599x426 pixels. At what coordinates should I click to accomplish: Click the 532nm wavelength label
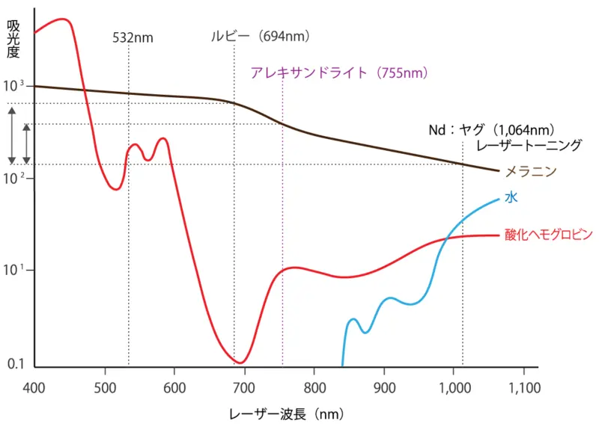click(x=133, y=37)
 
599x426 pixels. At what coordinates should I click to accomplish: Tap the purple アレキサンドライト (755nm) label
click(x=341, y=72)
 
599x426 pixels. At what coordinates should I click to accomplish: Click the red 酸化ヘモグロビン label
click(x=549, y=235)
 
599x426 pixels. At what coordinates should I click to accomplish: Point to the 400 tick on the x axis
click(x=35, y=387)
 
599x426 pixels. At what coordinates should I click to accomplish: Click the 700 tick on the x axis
click(x=243, y=387)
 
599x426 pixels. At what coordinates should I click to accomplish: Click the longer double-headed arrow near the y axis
click(x=12, y=135)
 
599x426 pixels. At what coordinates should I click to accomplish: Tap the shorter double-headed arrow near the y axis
click(x=26, y=143)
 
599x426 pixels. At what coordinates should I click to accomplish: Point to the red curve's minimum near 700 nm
click(x=240, y=362)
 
